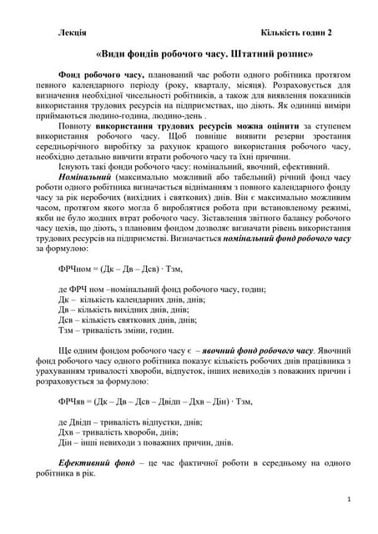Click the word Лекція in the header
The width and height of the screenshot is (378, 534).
coord(72,32)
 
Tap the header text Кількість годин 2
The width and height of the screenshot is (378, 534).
coord(296,32)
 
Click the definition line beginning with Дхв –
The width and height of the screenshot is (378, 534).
coord(118,432)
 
